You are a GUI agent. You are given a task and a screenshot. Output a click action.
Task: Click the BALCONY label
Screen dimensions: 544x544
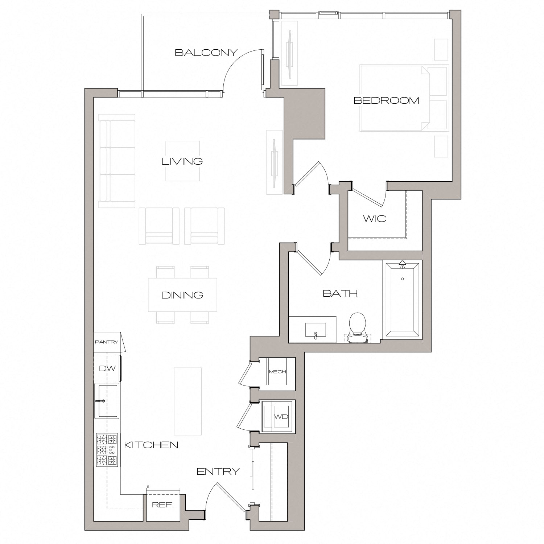(x=206, y=53)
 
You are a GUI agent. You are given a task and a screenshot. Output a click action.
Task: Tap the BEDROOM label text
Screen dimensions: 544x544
(x=386, y=100)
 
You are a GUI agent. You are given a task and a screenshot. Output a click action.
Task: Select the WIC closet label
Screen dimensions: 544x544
(x=375, y=219)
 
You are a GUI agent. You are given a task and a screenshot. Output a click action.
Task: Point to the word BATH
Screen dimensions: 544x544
(x=340, y=293)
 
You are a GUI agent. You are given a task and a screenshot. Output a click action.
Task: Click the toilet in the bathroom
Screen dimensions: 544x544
(x=357, y=326)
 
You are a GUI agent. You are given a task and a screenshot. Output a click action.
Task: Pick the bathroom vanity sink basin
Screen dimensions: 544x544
(x=316, y=330)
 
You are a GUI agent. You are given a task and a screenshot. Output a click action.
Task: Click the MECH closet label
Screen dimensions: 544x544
(x=277, y=372)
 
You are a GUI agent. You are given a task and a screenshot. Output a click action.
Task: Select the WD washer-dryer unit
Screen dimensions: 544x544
(x=281, y=416)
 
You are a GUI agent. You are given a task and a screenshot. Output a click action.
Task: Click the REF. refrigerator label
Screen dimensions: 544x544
(x=163, y=505)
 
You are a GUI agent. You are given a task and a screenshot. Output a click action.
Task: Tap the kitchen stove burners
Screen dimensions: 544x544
(x=107, y=450)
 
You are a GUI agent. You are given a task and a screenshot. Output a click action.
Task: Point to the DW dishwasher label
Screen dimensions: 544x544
(x=107, y=368)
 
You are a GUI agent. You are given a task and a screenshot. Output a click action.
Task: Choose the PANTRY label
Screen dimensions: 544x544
(x=107, y=342)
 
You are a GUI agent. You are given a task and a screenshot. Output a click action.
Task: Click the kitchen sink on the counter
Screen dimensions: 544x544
(x=106, y=401)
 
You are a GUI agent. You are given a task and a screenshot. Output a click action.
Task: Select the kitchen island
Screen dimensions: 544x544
(x=187, y=401)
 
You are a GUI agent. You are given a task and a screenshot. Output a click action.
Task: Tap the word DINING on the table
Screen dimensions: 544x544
(x=182, y=295)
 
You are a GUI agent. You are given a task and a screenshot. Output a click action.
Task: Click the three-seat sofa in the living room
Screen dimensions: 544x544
(x=116, y=161)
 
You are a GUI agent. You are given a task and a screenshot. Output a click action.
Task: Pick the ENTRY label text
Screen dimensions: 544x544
(x=218, y=471)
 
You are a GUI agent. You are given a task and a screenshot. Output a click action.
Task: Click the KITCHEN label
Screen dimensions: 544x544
(x=151, y=445)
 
